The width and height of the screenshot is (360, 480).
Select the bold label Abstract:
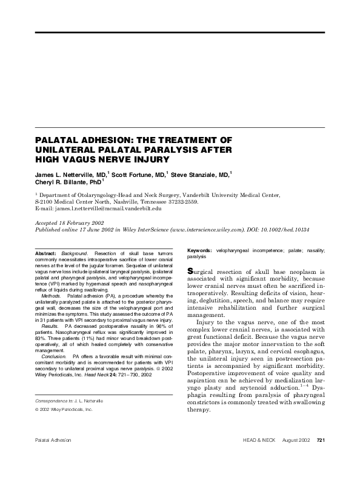pos(45,252)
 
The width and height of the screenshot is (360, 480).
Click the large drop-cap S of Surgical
pos(191,271)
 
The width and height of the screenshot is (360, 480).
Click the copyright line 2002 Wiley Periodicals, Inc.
pos(66,410)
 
